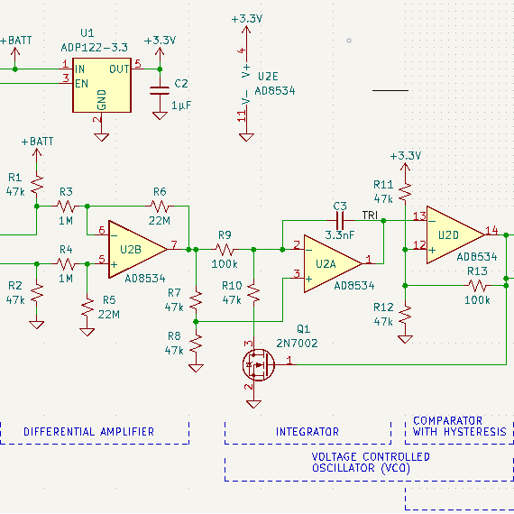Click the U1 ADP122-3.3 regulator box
click(102, 86)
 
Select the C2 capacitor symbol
click(160, 91)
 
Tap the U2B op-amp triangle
click(138, 250)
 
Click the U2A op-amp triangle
click(333, 263)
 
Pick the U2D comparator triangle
click(455, 235)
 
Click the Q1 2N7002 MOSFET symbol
click(259, 364)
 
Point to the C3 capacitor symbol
click(340, 221)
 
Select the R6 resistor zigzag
click(160, 207)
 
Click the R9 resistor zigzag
click(225, 250)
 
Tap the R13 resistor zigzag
click(477, 286)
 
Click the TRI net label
click(370, 216)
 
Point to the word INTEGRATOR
click(307, 432)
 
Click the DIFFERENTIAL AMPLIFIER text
click(89, 432)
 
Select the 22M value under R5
click(109, 315)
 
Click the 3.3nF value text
click(340, 235)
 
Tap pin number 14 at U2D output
click(491, 231)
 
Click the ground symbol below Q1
click(253, 404)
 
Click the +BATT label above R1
click(37, 142)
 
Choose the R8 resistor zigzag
click(196, 344)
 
